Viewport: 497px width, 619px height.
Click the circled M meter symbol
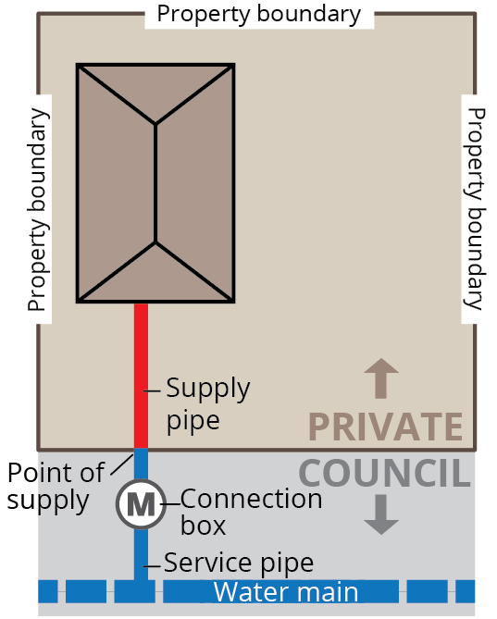coord(141,504)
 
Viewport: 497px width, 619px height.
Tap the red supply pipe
coord(141,375)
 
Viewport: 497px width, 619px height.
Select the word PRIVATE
coord(385,427)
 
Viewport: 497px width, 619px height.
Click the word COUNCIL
coord(384,473)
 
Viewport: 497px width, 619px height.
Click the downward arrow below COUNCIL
coord(380,514)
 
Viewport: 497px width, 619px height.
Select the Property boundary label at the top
coord(258,14)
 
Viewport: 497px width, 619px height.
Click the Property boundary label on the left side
coord(36,209)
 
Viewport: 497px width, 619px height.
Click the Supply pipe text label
coord(207,403)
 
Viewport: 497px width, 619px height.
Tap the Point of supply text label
coord(56,487)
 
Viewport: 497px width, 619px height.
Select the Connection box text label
coord(251,512)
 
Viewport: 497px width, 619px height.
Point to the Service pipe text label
coord(238,562)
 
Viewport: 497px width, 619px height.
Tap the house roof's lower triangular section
coord(155,278)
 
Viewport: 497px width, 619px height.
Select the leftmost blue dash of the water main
coord(47,591)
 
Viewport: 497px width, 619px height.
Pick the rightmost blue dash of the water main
coord(465,591)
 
